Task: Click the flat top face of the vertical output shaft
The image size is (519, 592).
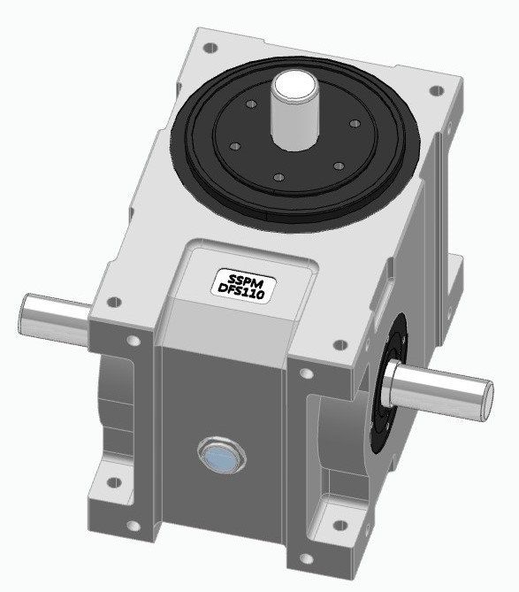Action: point(292,85)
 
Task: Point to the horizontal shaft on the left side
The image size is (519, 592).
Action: point(53,314)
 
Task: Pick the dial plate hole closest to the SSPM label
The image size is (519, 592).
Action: point(278,179)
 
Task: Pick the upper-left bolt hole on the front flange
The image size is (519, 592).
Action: point(134,341)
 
